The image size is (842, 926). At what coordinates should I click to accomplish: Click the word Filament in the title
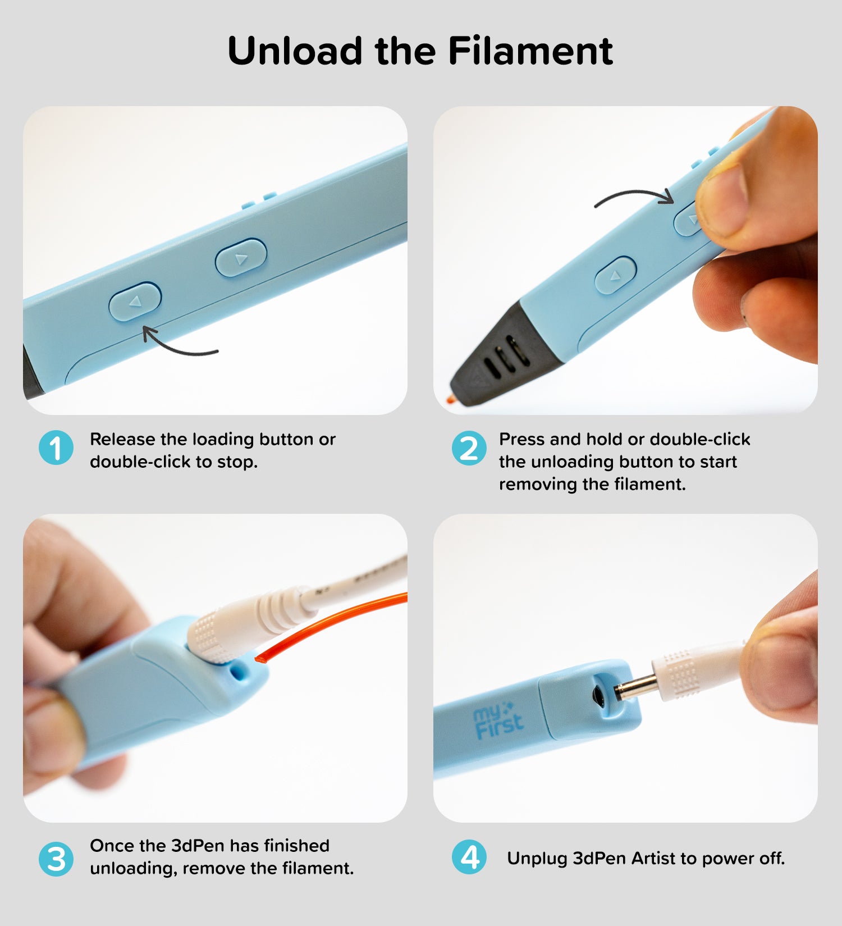coord(530,51)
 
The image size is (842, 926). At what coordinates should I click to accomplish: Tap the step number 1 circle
coord(56,448)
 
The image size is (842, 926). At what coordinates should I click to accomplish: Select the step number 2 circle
coord(469,448)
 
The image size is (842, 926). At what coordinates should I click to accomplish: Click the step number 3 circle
coord(56,859)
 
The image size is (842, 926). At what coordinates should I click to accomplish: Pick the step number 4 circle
coord(469,857)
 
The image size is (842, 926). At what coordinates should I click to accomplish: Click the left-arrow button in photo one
coord(135,302)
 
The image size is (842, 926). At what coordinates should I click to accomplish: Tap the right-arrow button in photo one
coord(241,258)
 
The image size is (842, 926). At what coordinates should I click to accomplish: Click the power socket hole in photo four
coord(599,695)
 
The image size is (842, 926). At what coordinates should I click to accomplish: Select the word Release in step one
coord(123,439)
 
